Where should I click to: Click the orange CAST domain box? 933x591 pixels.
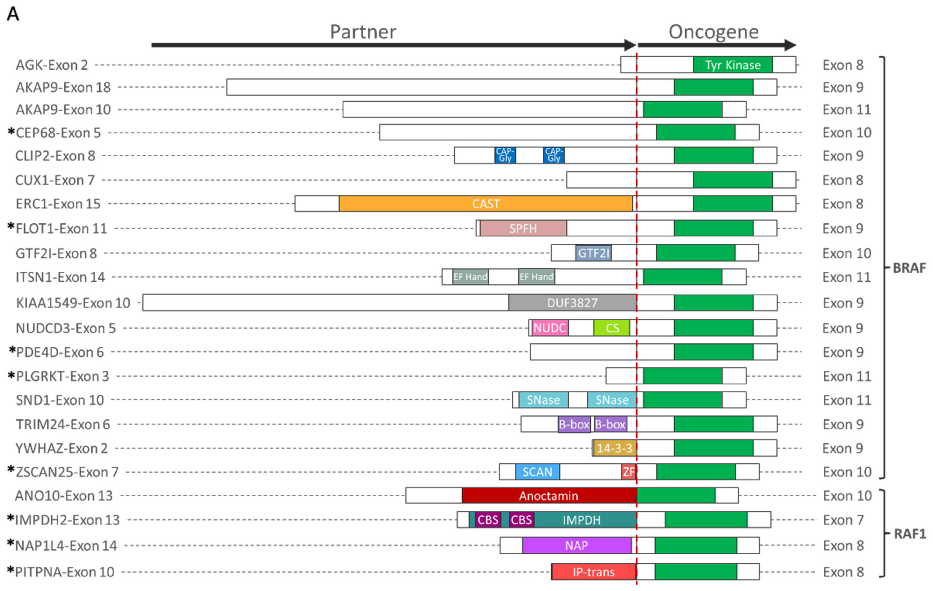(486, 204)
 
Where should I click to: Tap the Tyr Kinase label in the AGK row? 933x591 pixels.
(733, 65)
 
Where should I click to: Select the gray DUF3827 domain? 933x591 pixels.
(572, 303)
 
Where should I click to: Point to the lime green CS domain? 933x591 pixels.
(612, 328)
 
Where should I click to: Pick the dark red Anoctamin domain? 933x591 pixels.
(549, 496)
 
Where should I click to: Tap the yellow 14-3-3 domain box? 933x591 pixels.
(614, 448)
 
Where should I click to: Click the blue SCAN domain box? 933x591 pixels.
(537, 472)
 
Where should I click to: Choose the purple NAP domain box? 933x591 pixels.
(576, 545)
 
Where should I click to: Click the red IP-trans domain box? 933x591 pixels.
(594, 572)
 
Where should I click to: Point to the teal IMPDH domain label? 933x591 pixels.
(582, 520)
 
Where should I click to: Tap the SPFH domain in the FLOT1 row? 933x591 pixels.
(523, 228)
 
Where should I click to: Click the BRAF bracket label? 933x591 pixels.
(909, 268)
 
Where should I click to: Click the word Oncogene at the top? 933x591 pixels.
(713, 32)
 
